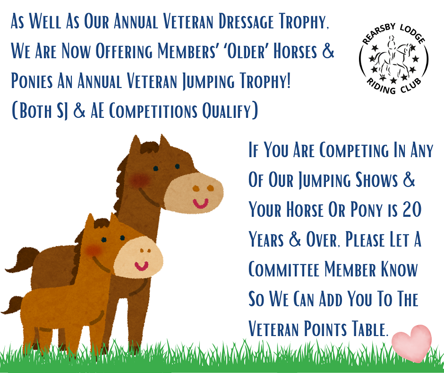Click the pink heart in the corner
pos(412,343)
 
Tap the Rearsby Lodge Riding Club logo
pos(393,59)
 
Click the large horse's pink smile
pos(200,203)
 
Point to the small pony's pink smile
pos(141,266)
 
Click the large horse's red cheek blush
pos(140,180)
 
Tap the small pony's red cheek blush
pos(94,250)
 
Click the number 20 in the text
pos(412,210)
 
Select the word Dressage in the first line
pos(246,21)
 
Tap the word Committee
pos(284,269)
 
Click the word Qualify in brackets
pos(226,111)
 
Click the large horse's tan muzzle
pos(194,193)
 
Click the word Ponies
pos(32,81)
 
